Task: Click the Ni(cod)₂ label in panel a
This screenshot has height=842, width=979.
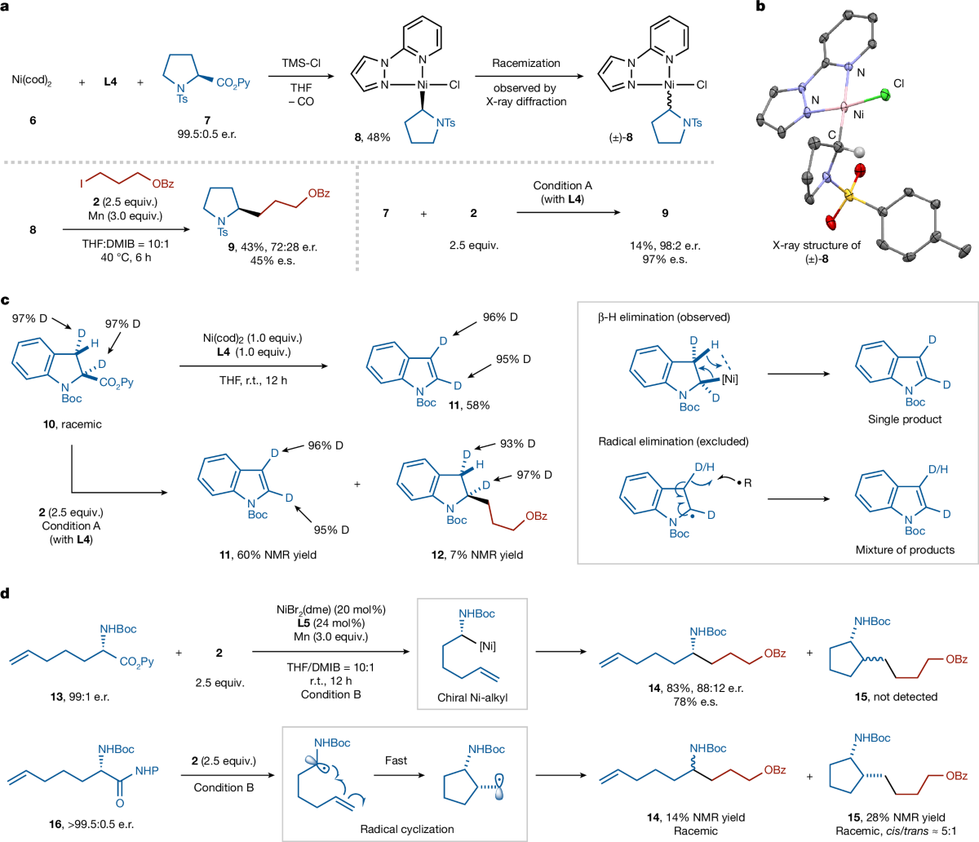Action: tap(32, 81)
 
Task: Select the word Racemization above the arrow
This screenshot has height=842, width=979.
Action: tap(525, 63)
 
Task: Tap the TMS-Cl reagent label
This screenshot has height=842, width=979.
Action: tap(301, 63)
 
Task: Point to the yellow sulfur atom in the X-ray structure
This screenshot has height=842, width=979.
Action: tap(848, 196)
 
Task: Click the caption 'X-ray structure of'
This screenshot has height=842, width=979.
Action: tap(817, 246)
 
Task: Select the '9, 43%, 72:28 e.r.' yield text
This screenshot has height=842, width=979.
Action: tap(272, 246)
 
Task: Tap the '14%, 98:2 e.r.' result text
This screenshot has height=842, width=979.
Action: tap(665, 246)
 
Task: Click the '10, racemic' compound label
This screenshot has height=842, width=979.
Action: tap(73, 423)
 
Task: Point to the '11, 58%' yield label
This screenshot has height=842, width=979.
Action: tap(469, 405)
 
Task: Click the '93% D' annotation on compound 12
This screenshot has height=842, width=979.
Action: tap(518, 444)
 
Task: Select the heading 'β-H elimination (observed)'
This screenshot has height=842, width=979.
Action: tap(663, 317)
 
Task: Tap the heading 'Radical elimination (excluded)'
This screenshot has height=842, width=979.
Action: tap(674, 441)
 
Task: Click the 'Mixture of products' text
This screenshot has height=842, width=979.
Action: tap(905, 550)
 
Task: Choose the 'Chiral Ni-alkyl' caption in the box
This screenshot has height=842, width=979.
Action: tap(472, 698)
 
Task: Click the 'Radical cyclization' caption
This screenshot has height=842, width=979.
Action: tap(407, 829)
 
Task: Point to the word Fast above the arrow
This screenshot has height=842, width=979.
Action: tap(396, 760)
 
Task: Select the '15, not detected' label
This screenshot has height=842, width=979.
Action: tap(896, 697)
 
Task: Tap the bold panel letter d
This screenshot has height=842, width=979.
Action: tap(6, 594)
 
